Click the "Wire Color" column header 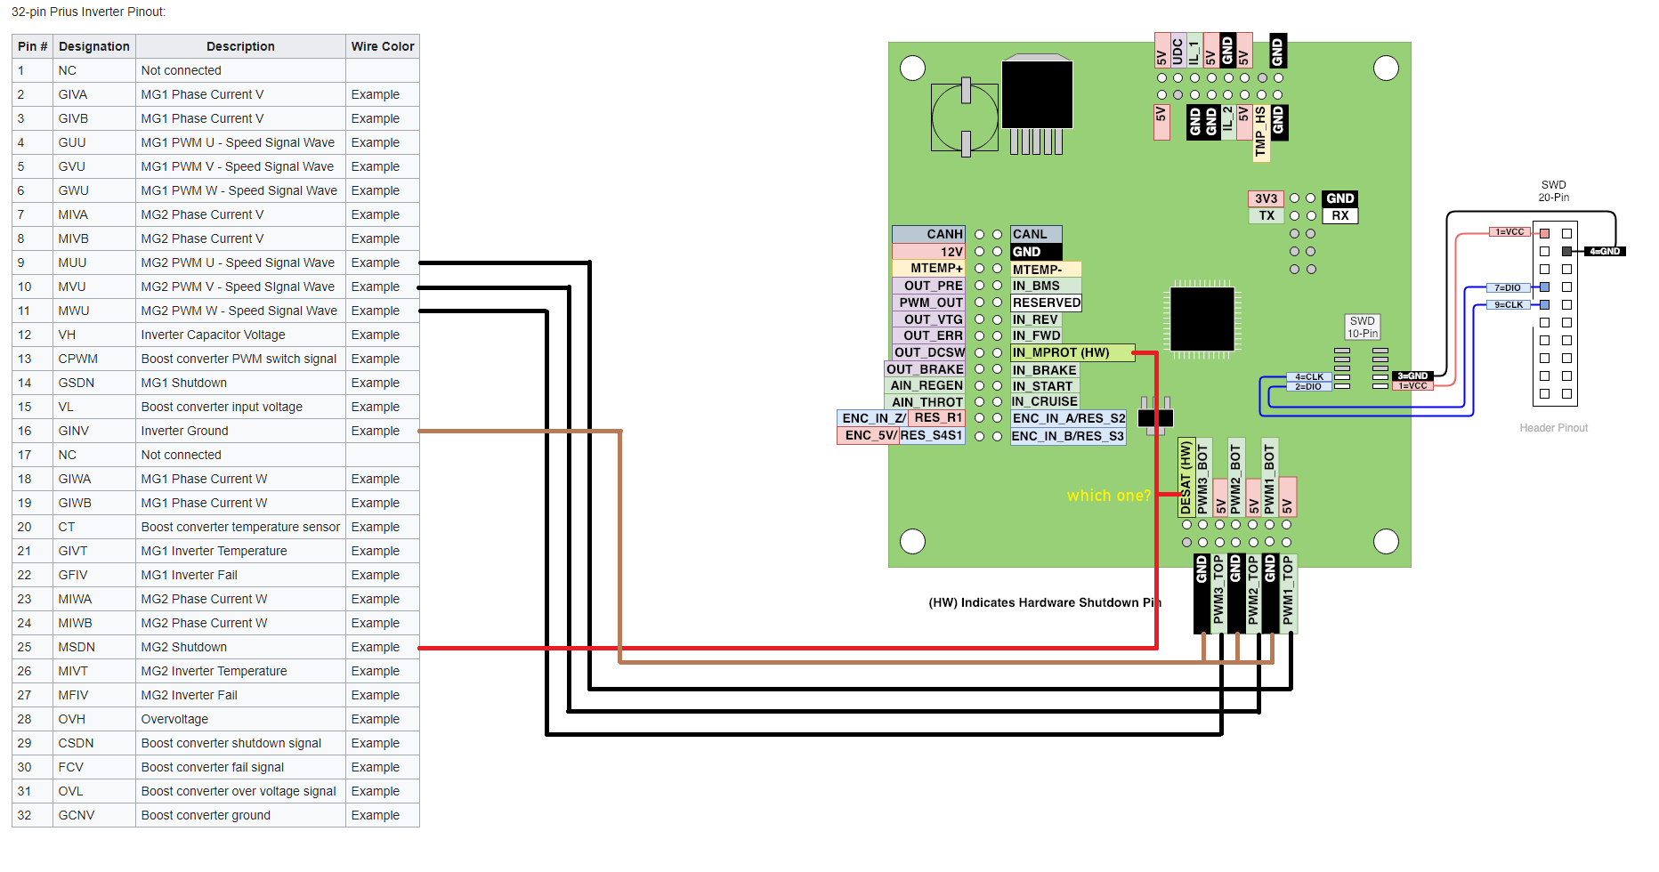pyautogui.click(x=382, y=46)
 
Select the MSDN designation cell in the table pyautogui.click(x=77, y=647)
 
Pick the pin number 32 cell pyautogui.click(x=24, y=815)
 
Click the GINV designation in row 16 pyautogui.click(x=74, y=431)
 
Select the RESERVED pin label pyautogui.click(x=1046, y=303)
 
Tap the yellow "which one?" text pyautogui.click(x=1108, y=496)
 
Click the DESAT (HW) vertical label pyautogui.click(x=1186, y=478)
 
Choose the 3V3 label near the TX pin pyautogui.click(x=1266, y=198)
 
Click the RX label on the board pyautogui.click(x=1340, y=215)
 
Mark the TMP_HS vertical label pyautogui.click(x=1260, y=133)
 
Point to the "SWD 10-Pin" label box pyautogui.click(x=1362, y=327)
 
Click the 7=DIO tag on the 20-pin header pyautogui.click(x=1508, y=287)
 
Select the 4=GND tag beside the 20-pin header pyautogui.click(x=1605, y=252)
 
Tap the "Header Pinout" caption pyautogui.click(x=1553, y=428)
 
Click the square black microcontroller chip pyautogui.click(x=1202, y=319)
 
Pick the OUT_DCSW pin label pyautogui.click(x=929, y=352)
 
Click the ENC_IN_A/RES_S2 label pyautogui.click(x=1068, y=418)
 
